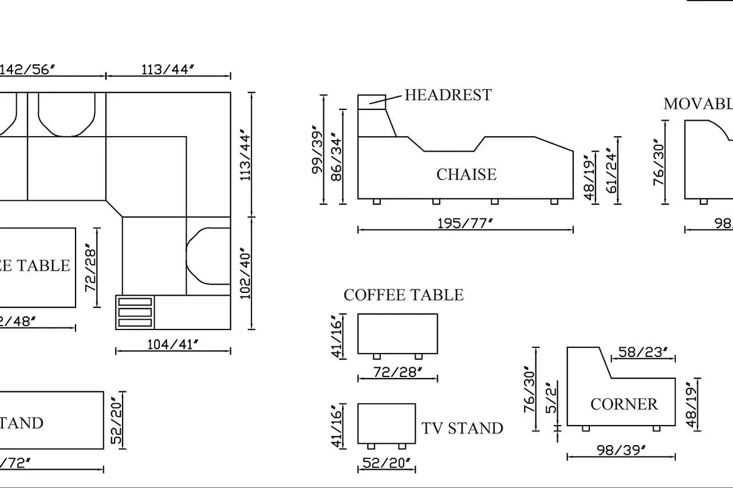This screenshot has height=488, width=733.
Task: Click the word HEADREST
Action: click(448, 95)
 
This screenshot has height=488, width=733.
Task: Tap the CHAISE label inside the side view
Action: click(466, 174)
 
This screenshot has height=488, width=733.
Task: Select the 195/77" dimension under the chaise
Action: click(465, 223)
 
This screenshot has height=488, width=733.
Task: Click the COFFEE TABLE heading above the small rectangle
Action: click(403, 295)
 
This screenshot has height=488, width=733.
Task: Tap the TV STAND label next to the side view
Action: click(462, 429)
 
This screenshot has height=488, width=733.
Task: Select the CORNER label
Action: click(624, 404)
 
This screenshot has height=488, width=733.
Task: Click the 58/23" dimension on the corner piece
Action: click(643, 352)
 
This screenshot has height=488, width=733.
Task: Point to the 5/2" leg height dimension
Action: click(551, 398)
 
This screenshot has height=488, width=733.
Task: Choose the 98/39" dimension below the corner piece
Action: click(621, 450)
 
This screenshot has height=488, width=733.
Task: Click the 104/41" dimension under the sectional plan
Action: click(173, 344)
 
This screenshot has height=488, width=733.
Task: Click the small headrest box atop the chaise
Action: click(372, 102)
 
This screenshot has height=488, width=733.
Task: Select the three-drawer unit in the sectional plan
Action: click(135, 312)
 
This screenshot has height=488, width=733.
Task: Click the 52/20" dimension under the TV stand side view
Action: click(387, 463)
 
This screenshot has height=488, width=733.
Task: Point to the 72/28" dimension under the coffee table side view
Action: click(398, 372)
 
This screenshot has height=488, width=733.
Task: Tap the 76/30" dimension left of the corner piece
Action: click(530, 389)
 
